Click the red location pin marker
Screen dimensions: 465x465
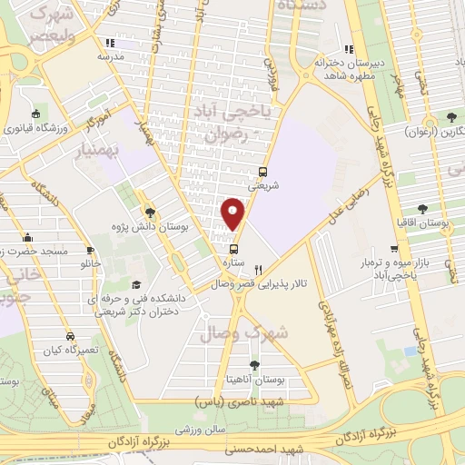(x=234, y=213)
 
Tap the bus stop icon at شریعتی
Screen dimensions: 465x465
(x=263, y=171)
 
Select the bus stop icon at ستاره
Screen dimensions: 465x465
(x=234, y=249)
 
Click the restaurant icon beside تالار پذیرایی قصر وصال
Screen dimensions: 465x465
(x=258, y=269)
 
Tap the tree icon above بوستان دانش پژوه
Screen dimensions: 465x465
(x=149, y=213)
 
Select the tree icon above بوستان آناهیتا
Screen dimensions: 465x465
(x=280, y=365)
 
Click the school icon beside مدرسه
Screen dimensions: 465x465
(x=109, y=42)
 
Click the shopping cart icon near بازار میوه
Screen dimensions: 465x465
(x=393, y=247)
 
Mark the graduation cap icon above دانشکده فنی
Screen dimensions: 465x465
(x=135, y=283)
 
